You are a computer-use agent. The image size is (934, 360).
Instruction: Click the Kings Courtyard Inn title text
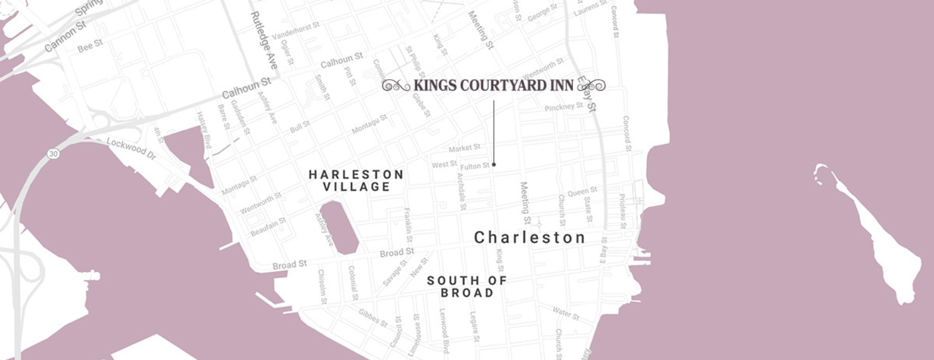493,85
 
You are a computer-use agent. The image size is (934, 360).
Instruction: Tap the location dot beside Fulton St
494,164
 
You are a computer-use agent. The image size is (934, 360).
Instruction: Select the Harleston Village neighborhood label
357,181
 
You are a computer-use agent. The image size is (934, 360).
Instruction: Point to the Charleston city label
530,237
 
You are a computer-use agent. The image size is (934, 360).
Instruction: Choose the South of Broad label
467,287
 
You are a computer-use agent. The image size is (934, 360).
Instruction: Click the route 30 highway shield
54,153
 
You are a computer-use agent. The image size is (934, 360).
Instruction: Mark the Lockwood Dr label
131,147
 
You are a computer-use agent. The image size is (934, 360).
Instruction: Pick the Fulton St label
474,166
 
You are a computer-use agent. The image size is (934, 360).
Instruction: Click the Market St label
465,148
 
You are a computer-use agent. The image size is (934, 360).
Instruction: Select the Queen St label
582,191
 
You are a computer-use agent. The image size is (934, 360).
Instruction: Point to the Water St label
565,313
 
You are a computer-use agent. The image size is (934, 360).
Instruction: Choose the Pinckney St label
564,107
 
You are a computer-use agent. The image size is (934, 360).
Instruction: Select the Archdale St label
462,189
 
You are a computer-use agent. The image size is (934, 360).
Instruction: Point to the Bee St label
90,47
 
